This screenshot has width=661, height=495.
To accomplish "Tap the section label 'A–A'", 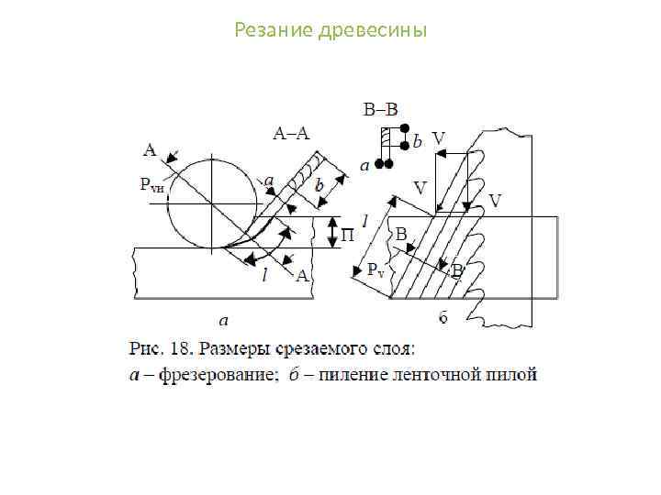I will (x=292, y=133).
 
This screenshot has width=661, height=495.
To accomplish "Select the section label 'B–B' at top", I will (x=381, y=110).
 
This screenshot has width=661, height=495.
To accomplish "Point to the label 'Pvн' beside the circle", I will (x=152, y=186).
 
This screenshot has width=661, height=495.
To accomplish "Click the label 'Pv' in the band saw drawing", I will (x=376, y=270).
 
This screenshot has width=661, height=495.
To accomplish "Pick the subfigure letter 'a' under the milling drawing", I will (x=224, y=321).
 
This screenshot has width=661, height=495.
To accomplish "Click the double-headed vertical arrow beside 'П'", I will (x=333, y=233).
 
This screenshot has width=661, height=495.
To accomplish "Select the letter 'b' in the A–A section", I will (x=319, y=184).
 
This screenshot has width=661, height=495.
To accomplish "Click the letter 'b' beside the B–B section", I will (x=418, y=142).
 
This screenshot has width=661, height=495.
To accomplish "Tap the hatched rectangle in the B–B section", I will (x=388, y=139).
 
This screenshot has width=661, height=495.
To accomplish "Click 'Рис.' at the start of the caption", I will (x=147, y=348).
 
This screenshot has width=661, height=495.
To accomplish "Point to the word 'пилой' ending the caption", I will (x=516, y=374).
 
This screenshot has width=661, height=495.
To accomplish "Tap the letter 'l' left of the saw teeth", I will (x=364, y=221).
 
